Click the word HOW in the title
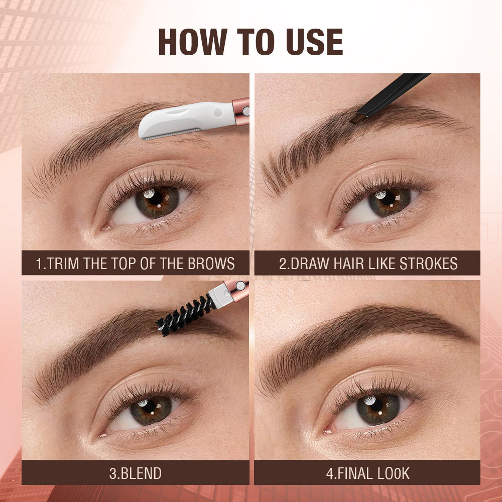click(192, 43)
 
